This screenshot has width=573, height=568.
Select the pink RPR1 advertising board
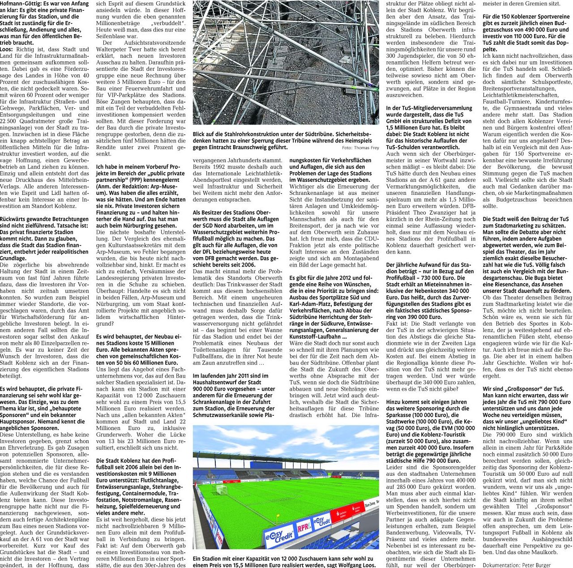pyautogui.click(x=304, y=528)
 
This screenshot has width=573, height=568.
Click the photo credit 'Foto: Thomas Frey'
pyautogui.click(x=360, y=148)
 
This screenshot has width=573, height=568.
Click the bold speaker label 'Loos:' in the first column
pyautogui.click(x=7, y=49)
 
